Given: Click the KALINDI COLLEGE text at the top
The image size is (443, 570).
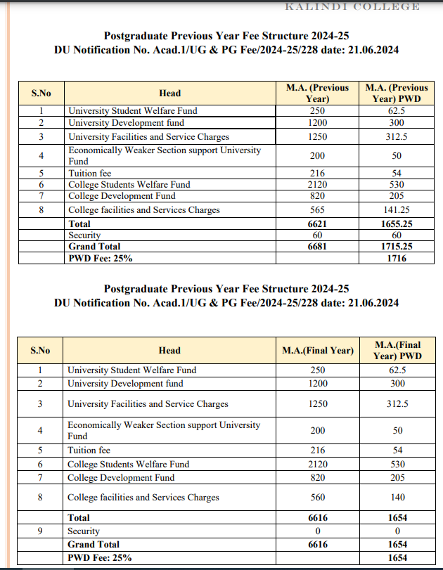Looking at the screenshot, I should (x=352, y=6).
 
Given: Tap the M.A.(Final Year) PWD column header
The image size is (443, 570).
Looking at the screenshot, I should (x=398, y=350).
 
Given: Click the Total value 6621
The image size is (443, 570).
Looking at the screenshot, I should (x=317, y=224).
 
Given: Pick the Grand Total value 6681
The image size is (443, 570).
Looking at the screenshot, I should (x=317, y=247).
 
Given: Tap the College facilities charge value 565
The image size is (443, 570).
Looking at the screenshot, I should (x=317, y=209).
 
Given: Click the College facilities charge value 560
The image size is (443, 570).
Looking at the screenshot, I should (x=318, y=497).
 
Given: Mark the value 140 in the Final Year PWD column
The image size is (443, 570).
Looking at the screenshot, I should (x=398, y=497).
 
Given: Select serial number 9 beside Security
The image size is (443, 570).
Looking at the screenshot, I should (x=40, y=531).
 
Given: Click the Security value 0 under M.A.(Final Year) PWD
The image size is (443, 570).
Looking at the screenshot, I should (x=398, y=531).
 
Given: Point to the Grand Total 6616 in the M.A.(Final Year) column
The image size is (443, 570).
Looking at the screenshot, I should (x=318, y=544).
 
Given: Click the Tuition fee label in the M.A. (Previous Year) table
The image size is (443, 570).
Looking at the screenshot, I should (x=90, y=173).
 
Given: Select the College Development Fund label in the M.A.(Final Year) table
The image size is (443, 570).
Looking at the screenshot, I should (x=121, y=477).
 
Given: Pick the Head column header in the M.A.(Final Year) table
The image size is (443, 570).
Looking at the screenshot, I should (x=169, y=350).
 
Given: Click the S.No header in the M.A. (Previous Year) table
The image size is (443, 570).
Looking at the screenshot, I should (x=41, y=93).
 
